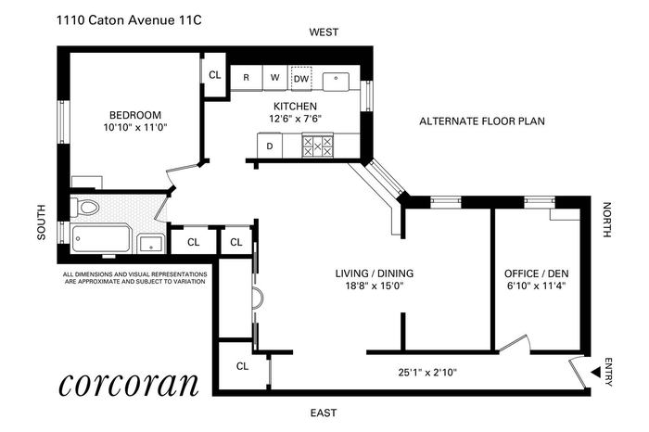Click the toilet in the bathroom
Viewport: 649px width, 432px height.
(x=85, y=207)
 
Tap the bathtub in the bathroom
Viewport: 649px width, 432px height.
(x=101, y=238)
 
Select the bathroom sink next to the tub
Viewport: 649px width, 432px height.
(x=151, y=243)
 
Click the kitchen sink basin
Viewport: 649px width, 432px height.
(x=336, y=81)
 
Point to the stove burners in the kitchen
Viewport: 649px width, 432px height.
(x=317, y=146)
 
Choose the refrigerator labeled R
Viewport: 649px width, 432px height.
(x=247, y=77)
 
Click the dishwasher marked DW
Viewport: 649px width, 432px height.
(x=301, y=78)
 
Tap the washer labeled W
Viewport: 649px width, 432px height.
(x=274, y=77)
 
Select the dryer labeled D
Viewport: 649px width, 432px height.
(x=270, y=146)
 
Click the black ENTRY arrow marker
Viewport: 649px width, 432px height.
(x=596, y=373)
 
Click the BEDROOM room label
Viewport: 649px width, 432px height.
(x=135, y=115)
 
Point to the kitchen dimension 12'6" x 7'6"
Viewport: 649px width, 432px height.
(x=295, y=120)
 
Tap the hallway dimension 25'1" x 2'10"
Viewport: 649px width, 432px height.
(x=427, y=373)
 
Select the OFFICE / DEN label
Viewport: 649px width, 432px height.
(x=536, y=273)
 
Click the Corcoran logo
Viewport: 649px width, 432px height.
(x=129, y=385)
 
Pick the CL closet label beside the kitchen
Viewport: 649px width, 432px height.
(x=215, y=75)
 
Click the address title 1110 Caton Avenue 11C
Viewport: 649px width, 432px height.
(x=129, y=20)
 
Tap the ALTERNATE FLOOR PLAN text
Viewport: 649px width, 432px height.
(x=482, y=121)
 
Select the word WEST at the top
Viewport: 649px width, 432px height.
(x=324, y=32)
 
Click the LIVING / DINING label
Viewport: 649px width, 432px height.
(x=375, y=273)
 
